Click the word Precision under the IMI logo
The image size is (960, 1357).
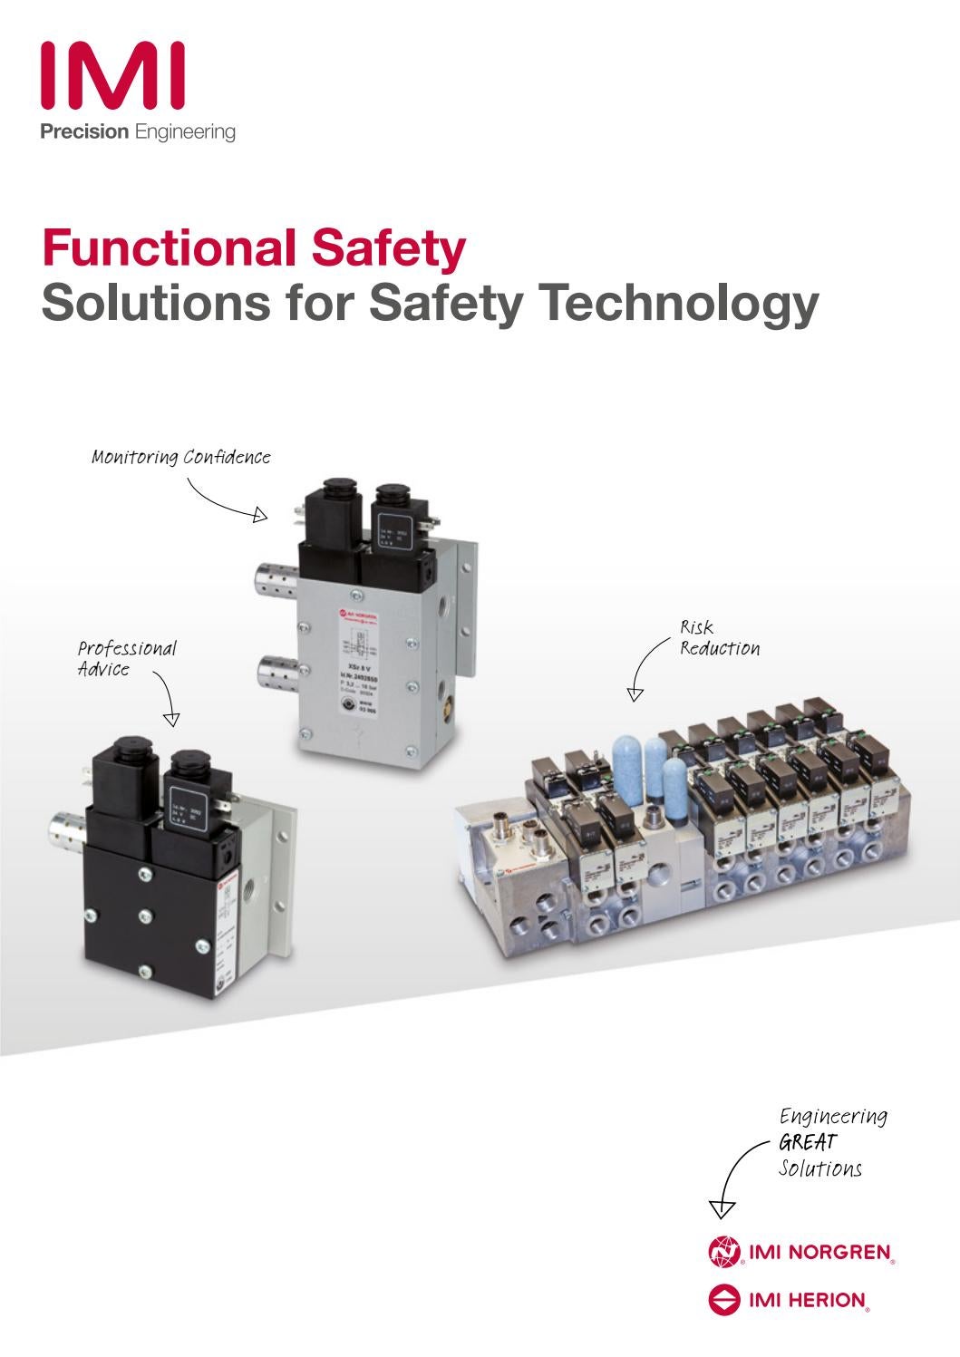[x=84, y=132]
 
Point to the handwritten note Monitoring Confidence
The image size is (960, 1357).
[x=181, y=457]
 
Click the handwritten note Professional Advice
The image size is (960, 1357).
[x=126, y=659]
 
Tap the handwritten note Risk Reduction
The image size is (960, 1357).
[x=719, y=638]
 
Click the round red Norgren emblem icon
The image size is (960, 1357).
[x=723, y=1254]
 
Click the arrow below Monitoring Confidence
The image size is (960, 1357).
[x=227, y=502]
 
